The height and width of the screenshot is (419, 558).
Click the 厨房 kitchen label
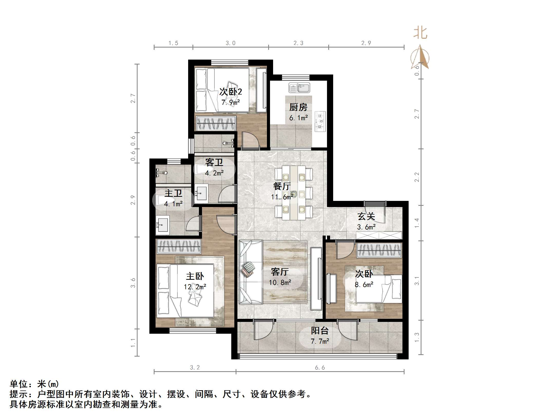[298, 107]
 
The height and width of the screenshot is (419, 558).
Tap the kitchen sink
[299, 88]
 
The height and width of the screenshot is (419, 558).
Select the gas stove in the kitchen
[320, 121]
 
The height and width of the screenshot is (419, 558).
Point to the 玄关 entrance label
[366, 216]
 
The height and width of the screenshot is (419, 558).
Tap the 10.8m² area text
[280, 283]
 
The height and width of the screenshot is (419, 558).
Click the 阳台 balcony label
[320, 331]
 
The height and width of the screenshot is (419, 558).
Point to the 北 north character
[420, 33]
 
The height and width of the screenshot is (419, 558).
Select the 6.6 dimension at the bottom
[320, 368]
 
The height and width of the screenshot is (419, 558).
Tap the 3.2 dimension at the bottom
[195, 368]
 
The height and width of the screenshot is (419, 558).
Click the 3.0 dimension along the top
[230, 43]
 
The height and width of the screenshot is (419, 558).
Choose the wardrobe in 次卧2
[216, 123]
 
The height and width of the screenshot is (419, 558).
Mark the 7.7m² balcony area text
[320, 341]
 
